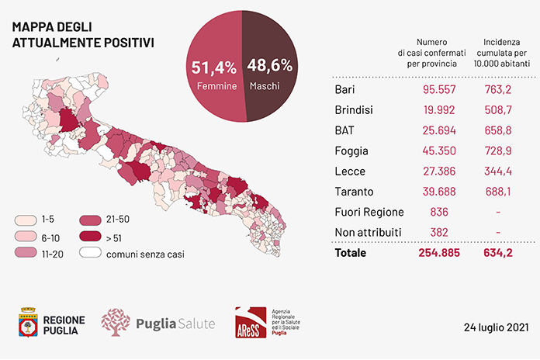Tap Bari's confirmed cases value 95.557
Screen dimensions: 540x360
pos(439,89)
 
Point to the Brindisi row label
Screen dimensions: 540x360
pos(354,110)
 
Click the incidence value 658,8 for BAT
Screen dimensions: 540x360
pos(498,130)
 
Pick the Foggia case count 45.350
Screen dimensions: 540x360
pos(439,151)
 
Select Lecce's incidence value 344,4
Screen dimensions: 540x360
pos(498,171)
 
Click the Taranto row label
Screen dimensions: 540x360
pos(354,192)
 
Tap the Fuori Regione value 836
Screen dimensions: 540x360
pos(439,212)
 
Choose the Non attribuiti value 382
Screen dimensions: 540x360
pos(439,232)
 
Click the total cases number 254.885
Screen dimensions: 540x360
pos(439,253)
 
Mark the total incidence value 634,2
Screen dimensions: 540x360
pos(498,253)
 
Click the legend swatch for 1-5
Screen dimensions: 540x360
pos(26,220)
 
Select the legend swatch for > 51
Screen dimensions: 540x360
pos(90,237)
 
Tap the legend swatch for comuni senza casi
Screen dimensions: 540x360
pos(90,252)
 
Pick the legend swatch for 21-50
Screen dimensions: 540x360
pos(90,220)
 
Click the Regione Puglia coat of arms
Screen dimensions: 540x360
pos(28,322)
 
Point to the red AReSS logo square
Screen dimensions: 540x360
pos(251,323)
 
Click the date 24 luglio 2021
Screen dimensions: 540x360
pos(496,327)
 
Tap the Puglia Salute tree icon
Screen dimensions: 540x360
pos(116,322)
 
